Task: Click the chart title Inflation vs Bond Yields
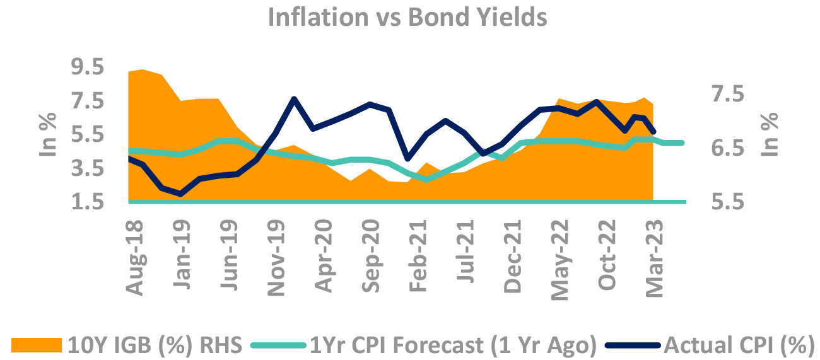pyautogui.click(x=407, y=17)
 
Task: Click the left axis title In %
pyautogui.click(x=49, y=134)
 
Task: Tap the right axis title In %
pyautogui.click(x=770, y=134)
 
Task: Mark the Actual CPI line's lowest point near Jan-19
pyautogui.click(x=181, y=194)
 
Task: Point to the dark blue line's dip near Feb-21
pyautogui.click(x=408, y=158)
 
